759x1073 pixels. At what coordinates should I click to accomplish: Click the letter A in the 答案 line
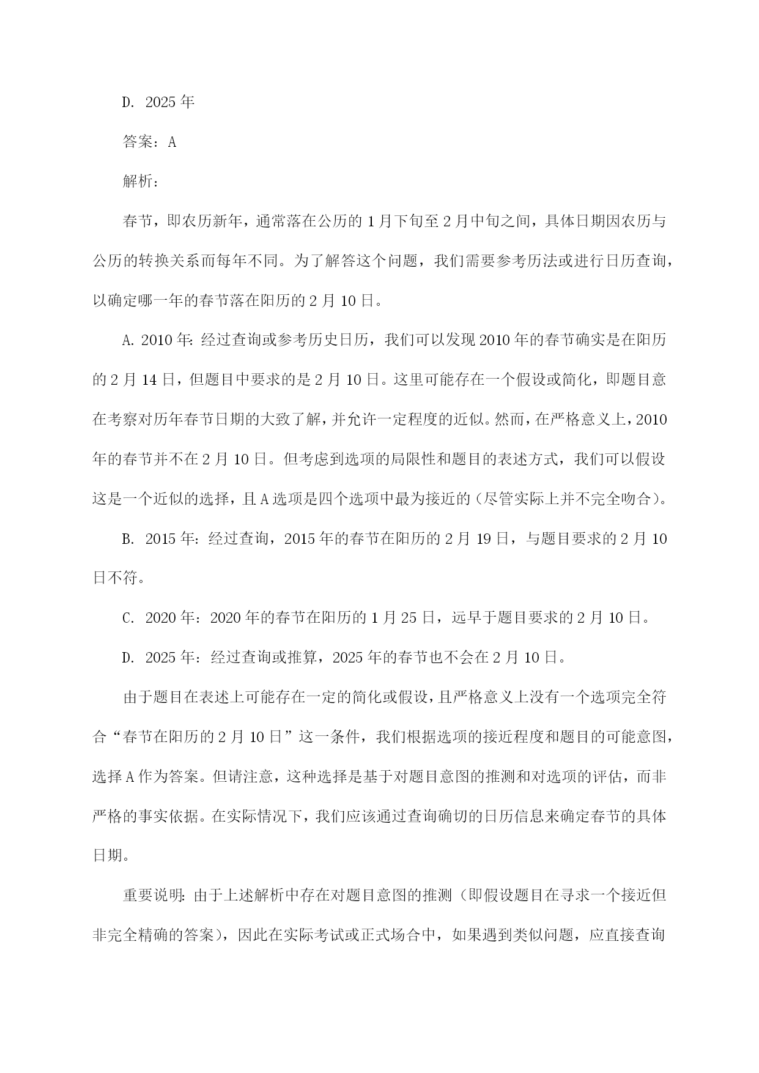click(172, 142)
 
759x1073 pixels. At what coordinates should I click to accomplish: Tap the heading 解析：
click(141, 182)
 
